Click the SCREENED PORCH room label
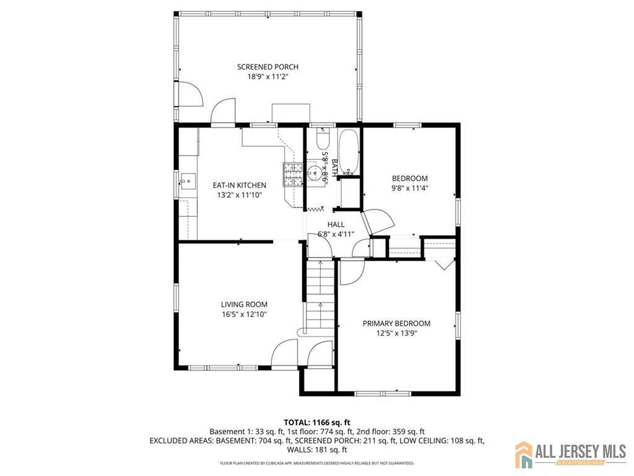pyautogui.click(x=267, y=67)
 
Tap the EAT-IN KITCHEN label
pyautogui.click(x=240, y=185)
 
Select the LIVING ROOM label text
pyautogui.click(x=244, y=304)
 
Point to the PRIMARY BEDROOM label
pyautogui.click(x=396, y=324)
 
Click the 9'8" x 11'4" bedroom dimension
pyautogui.click(x=410, y=188)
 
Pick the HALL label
pyautogui.click(x=336, y=224)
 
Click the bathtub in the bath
pyautogui.click(x=349, y=152)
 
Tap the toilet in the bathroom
pyautogui.click(x=323, y=138)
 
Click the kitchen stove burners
pyautogui.click(x=293, y=174)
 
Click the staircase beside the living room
pyautogui.click(x=320, y=297)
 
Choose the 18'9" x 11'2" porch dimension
pyautogui.click(x=267, y=76)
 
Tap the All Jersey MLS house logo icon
pyautogui.click(x=524, y=454)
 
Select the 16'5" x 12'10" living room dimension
pyautogui.click(x=244, y=314)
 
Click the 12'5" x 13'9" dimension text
pyautogui.click(x=396, y=333)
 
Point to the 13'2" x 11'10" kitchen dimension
pyautogui.click(x=240, y=195)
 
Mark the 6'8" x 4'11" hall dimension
pyautogui.click(x=336, y=234)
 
